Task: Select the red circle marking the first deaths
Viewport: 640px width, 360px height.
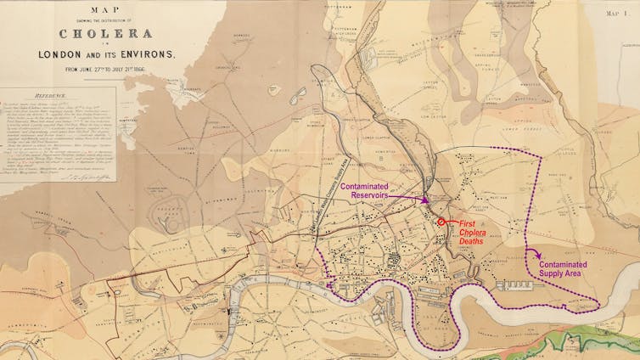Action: [441, 222]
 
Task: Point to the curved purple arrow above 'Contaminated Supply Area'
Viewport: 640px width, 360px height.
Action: [532, 251]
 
